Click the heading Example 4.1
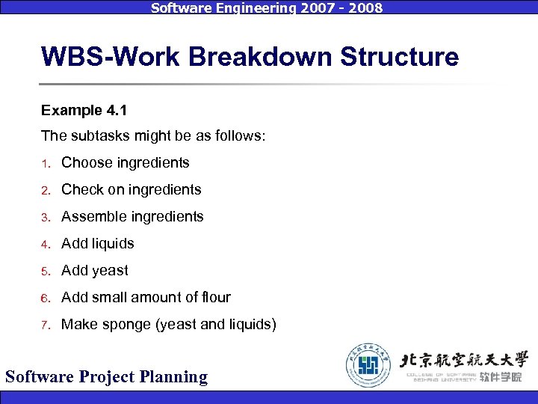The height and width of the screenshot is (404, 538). click(x=84, y=111)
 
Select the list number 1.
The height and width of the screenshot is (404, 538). click(x=45, y=163)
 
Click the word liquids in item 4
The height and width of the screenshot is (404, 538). click(x=112, y=243)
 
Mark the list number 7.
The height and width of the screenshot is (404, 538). click(x=45, y=325)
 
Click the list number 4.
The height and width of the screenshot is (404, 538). click(x=45, y=244)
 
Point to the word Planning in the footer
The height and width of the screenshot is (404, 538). click(x=174, y=376)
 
